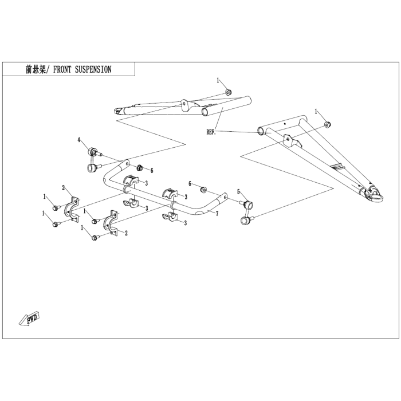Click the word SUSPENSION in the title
click(x=93, y=69)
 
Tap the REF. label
click(x=211, y=132)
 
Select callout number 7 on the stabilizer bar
click(x=217, y=214)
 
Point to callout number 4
click(x=79, y=140)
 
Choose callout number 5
click(x=238, y=192)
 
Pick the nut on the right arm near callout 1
click(x=328, y=125)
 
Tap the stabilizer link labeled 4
click(x=94, y=159)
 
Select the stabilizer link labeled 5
click(x=247, y=213)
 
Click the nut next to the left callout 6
click(x=140, y=168)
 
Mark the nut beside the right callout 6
click(x=203, y=190)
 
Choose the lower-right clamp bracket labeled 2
click(x=111, y=223)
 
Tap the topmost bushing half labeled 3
click(x=131, y=180)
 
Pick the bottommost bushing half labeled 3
click(x=170, y=217)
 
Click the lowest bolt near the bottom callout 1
click(x=95, y=238)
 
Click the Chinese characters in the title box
click(x=36, y=69)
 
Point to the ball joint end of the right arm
click(x=375, y=194)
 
